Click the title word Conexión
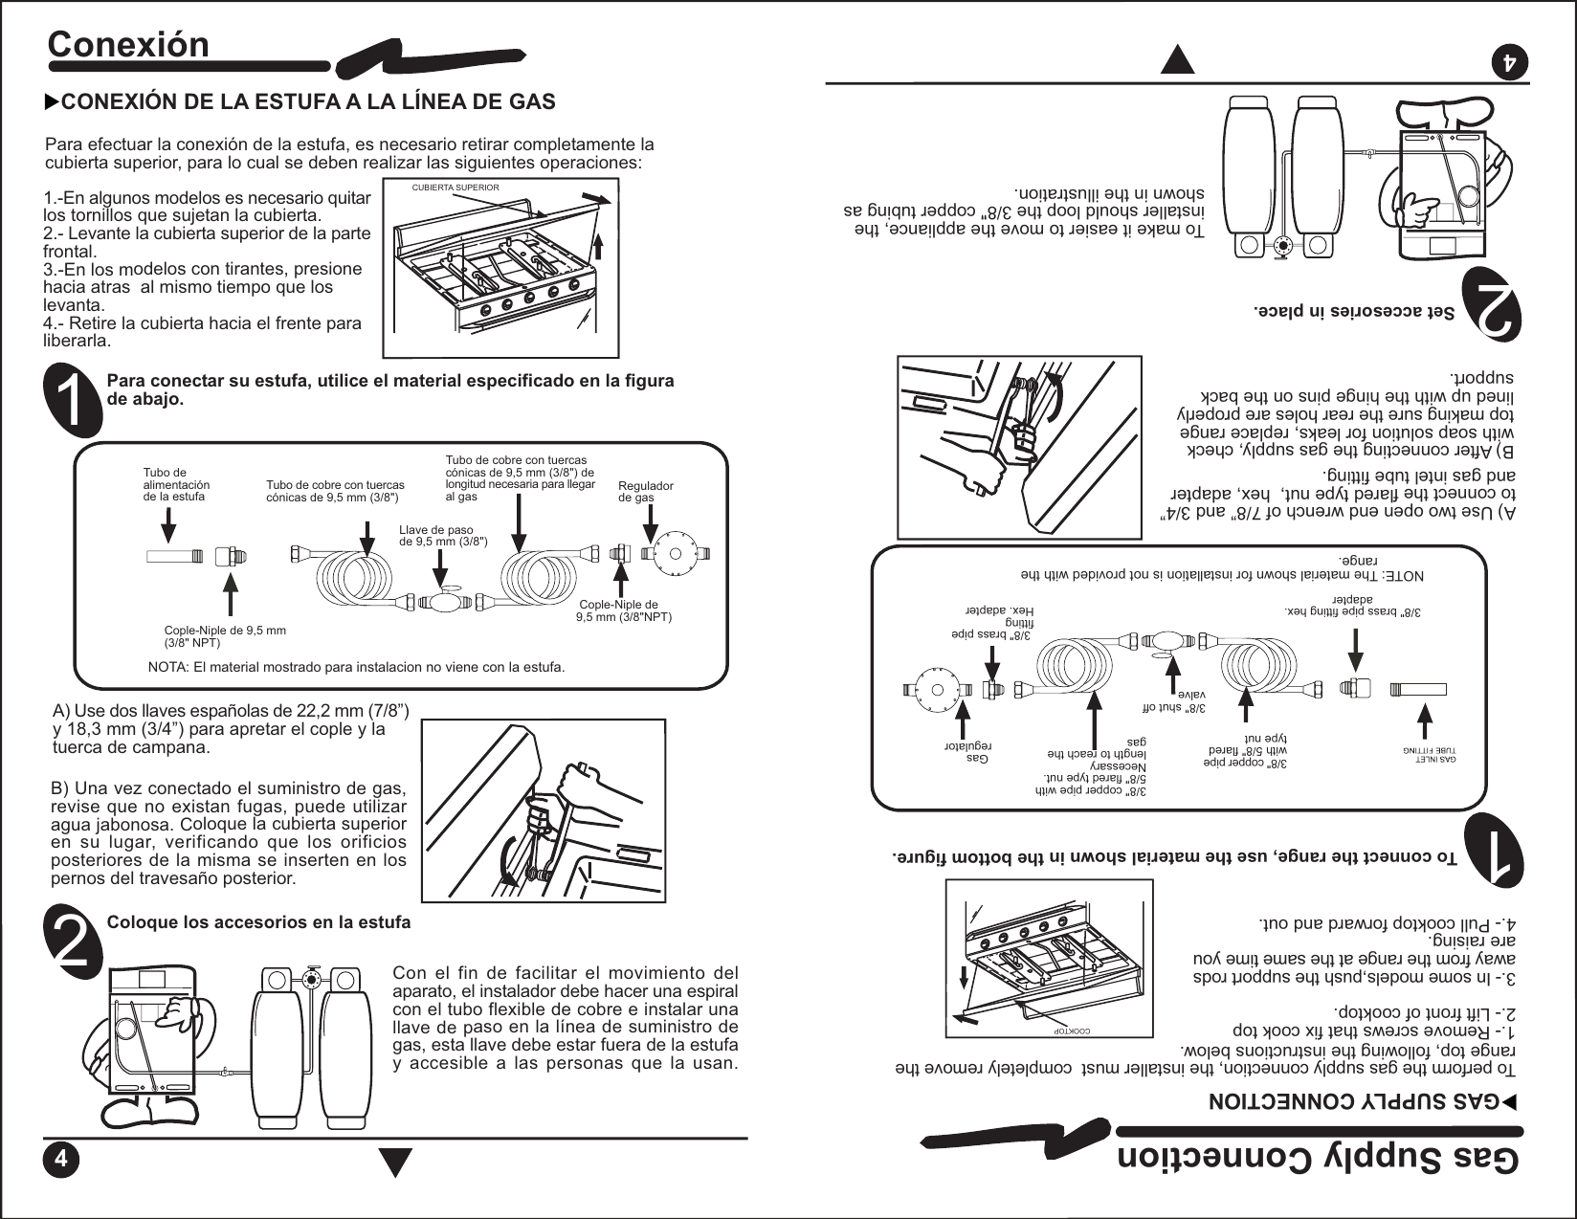pyautogui.click(x=128, y=45)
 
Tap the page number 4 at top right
pyautogui.click(x=1510, y=62)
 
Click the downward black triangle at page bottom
pyautogui.click(x=395, y=1162)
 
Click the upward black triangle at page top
pyautogui.click(x=1177, y=59)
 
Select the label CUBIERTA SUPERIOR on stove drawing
pyautogui.click(x=455, y=188)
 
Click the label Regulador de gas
pyautogui.click(x=645, y=492)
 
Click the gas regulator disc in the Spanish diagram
pyautogui.click(x=675, y=554)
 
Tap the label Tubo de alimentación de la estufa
pyautogui.click(x=176, y=484)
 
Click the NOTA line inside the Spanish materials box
pyautogui.click(x=356, y=667)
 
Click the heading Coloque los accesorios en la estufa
pyautogui.click(x=258, y=922)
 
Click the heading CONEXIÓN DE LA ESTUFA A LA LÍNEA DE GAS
pyautogui.click(x=307, y=101)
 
